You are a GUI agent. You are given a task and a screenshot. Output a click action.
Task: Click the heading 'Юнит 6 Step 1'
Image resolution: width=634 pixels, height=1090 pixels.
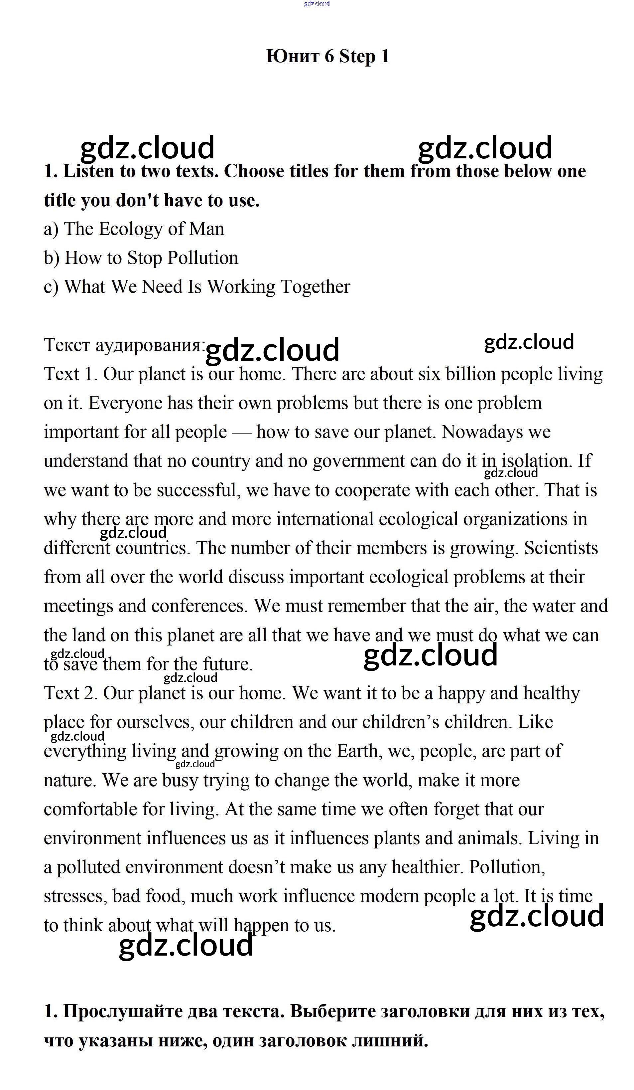tap(327, 56)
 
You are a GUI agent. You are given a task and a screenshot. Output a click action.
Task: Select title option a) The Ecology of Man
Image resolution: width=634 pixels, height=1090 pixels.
tap(134, 229)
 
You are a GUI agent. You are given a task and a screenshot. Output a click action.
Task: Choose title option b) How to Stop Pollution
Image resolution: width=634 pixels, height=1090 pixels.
tap(141, 258)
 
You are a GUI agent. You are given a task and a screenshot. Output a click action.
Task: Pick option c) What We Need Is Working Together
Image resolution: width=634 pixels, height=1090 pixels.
tap(197, 287)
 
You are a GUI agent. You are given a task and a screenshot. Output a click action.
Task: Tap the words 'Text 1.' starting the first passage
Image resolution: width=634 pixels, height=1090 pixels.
tap(71, 374)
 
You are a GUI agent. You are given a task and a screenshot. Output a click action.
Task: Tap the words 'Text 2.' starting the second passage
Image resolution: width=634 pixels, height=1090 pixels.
tap(71, 693)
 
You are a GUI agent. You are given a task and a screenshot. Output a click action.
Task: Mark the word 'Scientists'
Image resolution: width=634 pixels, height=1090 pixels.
tap(561, 548)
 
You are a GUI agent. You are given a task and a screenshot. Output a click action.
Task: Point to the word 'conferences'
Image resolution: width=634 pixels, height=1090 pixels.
tap(199, 606)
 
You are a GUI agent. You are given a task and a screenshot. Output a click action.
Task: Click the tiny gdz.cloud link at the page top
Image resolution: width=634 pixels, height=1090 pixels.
tap(317, 3)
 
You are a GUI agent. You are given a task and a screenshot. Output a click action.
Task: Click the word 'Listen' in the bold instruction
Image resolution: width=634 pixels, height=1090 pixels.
tap(88, 171)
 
